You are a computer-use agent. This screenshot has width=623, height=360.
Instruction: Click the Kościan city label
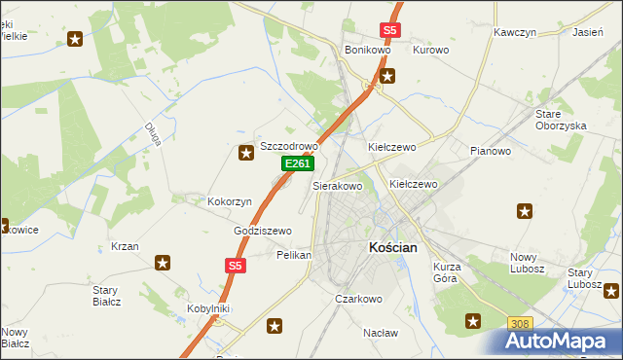pyautogui.click(x=393, y=248)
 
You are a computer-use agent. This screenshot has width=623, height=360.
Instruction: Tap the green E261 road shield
pyautogui.click(x=297, y=165)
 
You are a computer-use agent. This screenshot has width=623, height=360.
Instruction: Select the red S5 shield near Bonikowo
pyautogui.click(x=390, y=30)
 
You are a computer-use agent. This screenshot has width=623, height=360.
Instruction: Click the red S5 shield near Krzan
pyautogui.click(x=234, y=265)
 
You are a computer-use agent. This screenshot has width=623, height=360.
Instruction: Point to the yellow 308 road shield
pyautogui.click(x=521, y=323)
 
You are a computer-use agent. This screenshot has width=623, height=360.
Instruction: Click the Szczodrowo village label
pyautogui.click(x=289, y=146)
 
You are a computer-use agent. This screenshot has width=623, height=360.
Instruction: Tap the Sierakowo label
pyautogui.click(x=337, y=185)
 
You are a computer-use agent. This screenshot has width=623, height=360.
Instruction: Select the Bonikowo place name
pyautogui.click(x=368, y=50)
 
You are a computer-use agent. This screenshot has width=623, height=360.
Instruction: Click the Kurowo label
pyautogui.click(x=430, y=50)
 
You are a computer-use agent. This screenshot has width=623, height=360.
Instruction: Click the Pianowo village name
pyautogui.click(x=490, y=151)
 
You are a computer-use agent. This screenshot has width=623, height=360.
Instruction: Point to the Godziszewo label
pyautogui.click(x=263, y=231)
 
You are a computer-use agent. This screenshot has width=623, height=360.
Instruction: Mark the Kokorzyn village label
pyautogui.click(x=230, y=201)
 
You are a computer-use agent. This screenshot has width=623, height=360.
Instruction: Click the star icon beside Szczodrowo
pyautogui.click(x=246, y=151)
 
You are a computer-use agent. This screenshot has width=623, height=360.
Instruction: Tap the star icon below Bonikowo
pyautogui.click(x=387, y=75)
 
